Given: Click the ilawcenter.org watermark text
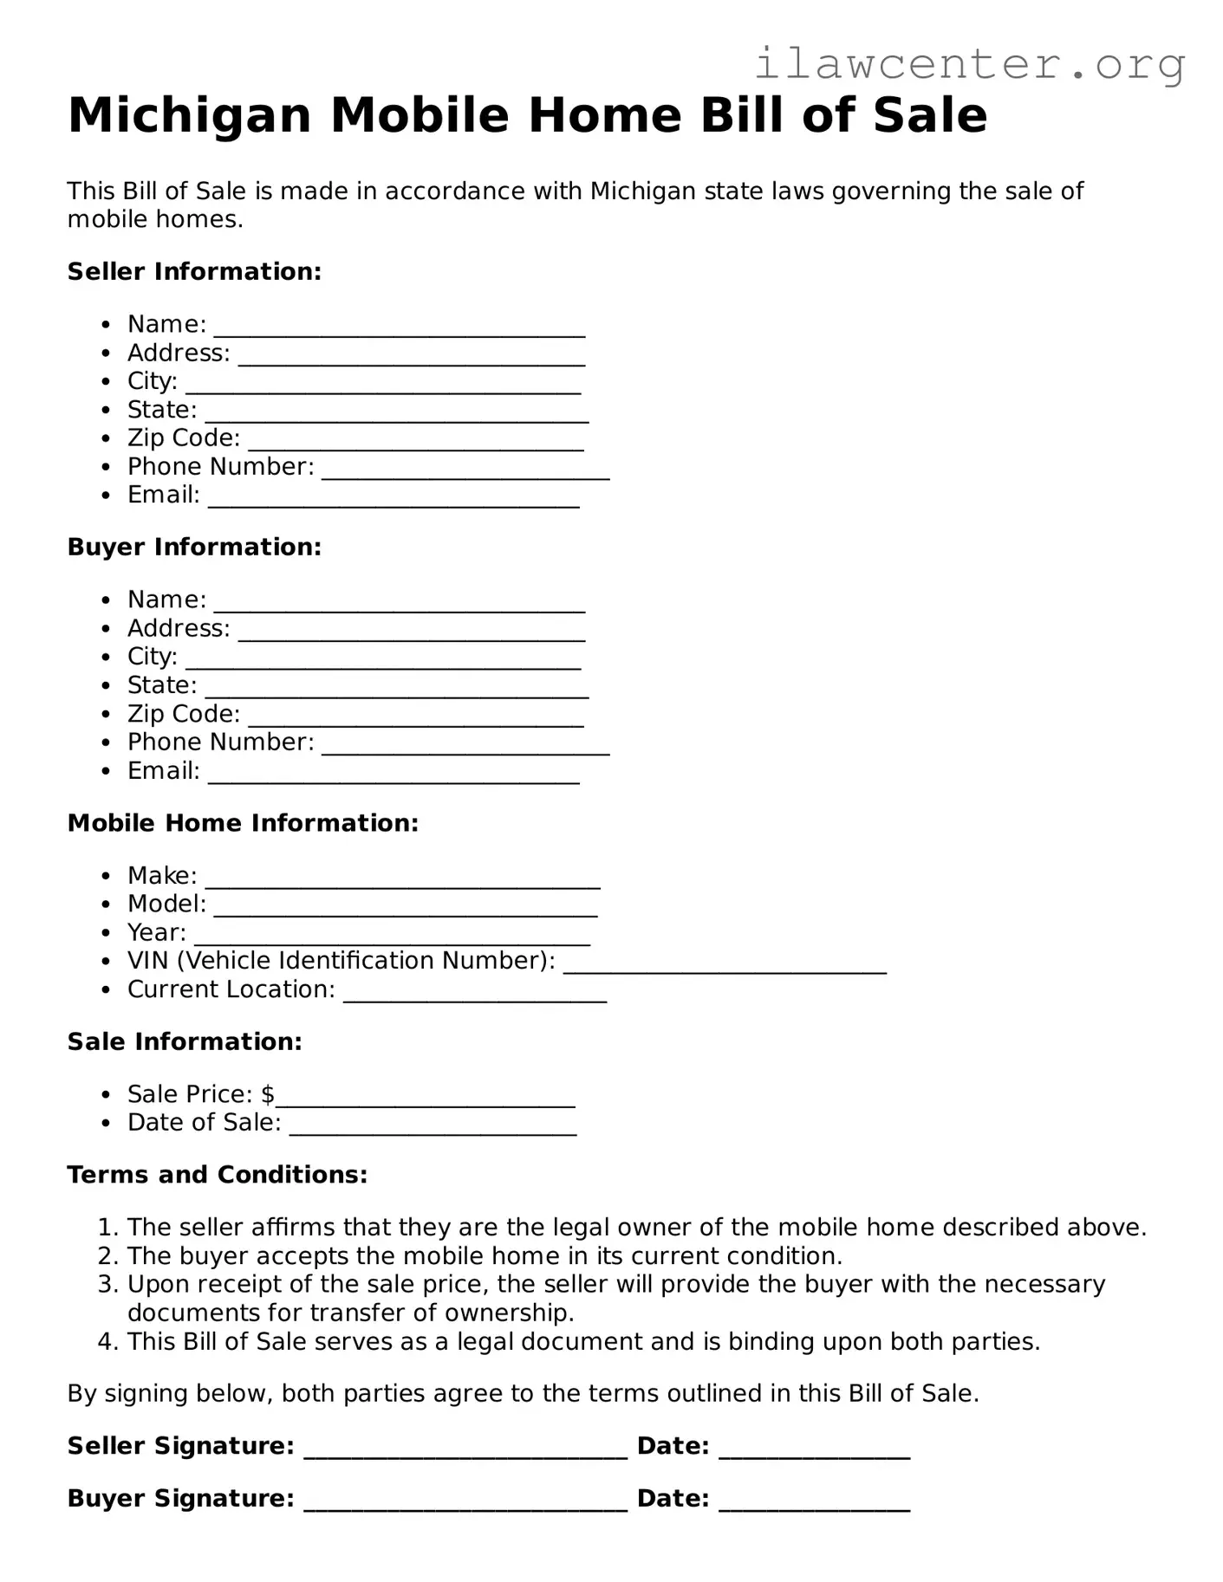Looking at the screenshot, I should pos(969,65).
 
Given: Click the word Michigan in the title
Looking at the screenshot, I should pos(189,115).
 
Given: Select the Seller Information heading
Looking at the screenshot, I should pos(194,271).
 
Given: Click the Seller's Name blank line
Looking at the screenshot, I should pos(399,329).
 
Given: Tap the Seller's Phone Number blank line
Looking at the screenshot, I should pos(465,472).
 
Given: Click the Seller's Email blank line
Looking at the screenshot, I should pos(394,501).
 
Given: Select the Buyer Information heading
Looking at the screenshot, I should pos(194,547).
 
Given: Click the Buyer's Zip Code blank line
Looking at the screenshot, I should pos(415,720).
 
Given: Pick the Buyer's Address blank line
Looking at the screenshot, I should pos(411,634).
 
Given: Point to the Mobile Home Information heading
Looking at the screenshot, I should pos(243,822).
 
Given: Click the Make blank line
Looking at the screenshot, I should pos(402,881).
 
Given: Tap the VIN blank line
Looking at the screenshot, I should pos(725,967).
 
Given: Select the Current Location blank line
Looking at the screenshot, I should pos(475,995).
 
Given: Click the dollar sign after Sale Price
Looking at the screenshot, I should pos(268,1094).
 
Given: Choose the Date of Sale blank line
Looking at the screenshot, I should pos(433,1128).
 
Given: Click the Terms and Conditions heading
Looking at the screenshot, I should pos(217,1174).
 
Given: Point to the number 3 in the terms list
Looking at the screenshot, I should pos(106,1284).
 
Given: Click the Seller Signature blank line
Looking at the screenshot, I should pos(465,1452).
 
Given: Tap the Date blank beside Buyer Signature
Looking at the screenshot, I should pos(814,1505).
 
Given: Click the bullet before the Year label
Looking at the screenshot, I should pos(107,933).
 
